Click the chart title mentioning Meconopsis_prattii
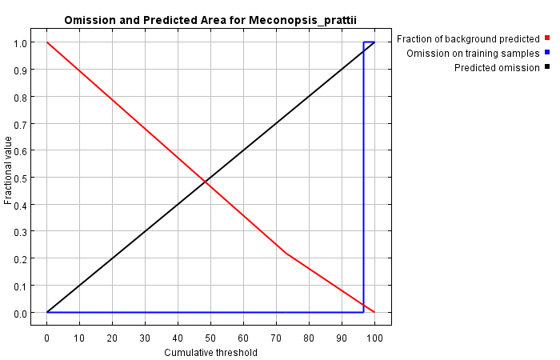point(210,20)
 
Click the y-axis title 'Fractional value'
point(9,170)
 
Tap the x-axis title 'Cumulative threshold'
point(210,352)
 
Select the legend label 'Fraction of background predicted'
point(468,38)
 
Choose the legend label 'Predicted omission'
point(497,67)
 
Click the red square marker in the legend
point(547,38)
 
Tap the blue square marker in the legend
point(547,52)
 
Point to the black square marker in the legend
point(547,66)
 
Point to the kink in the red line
point(286,254)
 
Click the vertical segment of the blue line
point(363,176)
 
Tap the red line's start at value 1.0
point(48,42)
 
